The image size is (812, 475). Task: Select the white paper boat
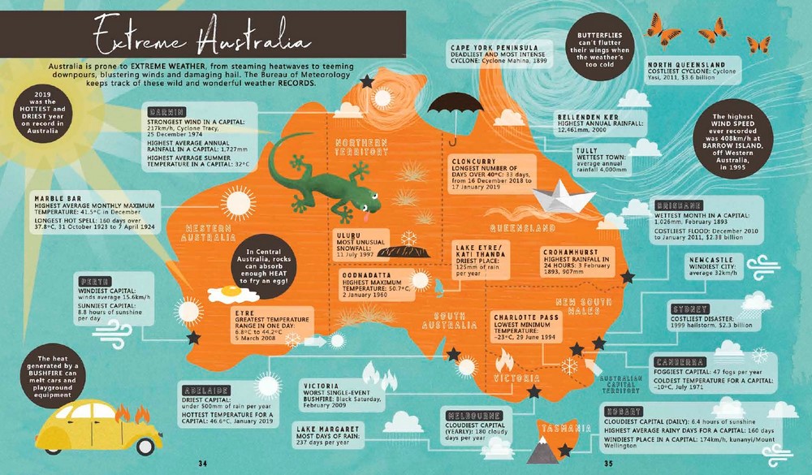click(563, 195)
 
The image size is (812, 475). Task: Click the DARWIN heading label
click(166, 111)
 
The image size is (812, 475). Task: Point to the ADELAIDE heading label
click(206, 389)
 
